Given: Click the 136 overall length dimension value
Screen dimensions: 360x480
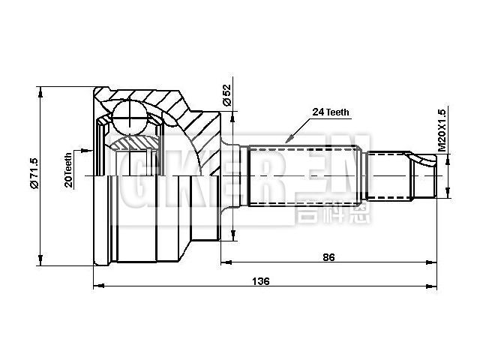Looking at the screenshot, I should tap(262, 281).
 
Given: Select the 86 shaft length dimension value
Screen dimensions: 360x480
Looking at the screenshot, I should tap(328, 257).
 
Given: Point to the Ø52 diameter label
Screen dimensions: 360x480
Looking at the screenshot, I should tap(226, 94).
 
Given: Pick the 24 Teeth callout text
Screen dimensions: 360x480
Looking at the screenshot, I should tap(331, 112).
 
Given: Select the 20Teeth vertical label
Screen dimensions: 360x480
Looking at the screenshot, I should tap(68, 170).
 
